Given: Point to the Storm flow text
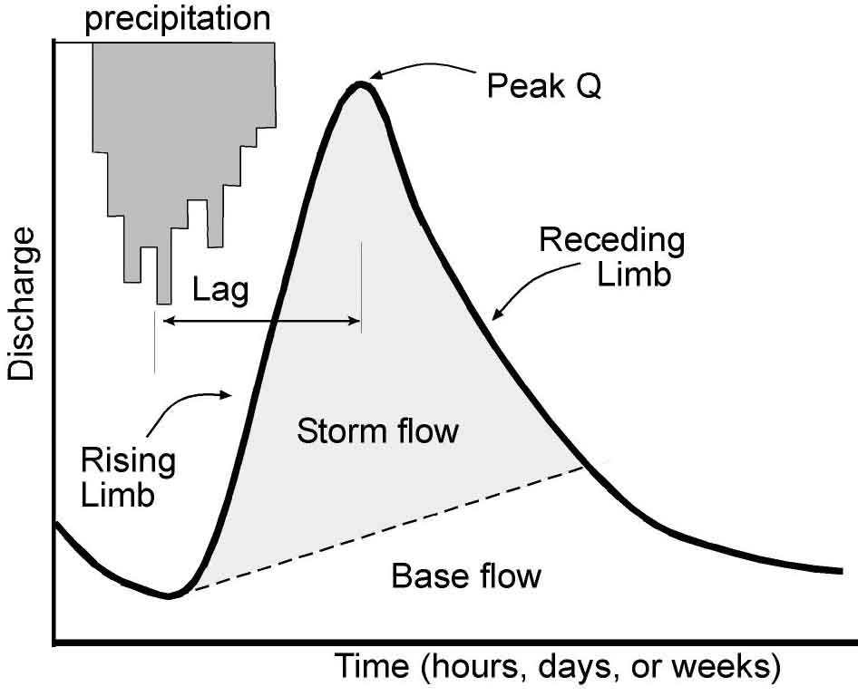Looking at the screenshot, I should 377,431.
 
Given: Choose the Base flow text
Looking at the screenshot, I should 466,575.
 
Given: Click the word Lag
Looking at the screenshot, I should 220,292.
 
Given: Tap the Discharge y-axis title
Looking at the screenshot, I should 23,304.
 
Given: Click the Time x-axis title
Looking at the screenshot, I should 559,668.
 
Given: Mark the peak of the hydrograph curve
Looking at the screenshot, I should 361,84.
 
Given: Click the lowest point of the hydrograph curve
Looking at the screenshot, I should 169,595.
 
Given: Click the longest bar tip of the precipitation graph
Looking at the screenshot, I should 164,302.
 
